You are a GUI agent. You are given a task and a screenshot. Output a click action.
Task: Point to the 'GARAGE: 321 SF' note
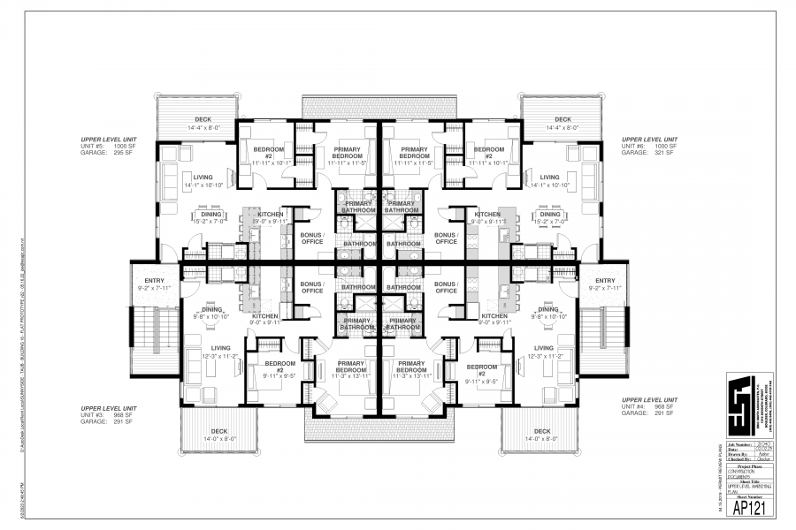point(649,153)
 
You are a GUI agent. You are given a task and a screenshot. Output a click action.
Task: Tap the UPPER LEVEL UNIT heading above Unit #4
point(649,400)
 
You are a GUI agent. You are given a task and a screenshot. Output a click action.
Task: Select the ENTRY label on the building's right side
point(604,280)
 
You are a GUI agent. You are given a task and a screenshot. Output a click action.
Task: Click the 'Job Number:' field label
point(738,443)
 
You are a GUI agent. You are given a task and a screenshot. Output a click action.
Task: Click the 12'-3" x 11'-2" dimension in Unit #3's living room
point(220,356)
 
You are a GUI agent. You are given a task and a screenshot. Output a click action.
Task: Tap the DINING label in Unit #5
point(210,214)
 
